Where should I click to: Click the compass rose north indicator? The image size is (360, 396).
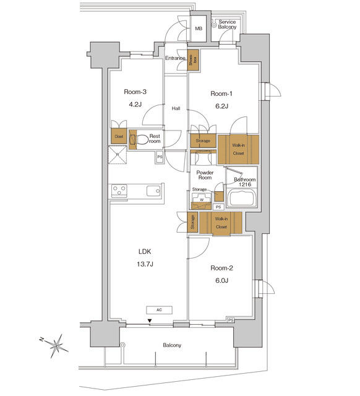(57, 343)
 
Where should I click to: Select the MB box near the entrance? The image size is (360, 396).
(199, 29)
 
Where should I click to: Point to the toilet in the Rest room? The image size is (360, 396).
(140, 140)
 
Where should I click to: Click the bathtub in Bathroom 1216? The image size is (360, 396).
(241, 198)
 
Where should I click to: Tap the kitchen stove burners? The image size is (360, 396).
(119, 191)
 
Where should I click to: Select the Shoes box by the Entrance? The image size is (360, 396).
(194, 59)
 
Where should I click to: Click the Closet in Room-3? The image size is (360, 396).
(118, 137)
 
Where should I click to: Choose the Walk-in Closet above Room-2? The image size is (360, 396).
(221, 223)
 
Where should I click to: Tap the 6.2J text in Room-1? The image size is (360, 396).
(221, 106)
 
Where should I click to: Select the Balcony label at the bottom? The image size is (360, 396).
(172, 345)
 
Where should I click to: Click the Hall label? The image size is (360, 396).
(176, 109)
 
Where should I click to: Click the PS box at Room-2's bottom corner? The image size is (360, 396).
(231, 320)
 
